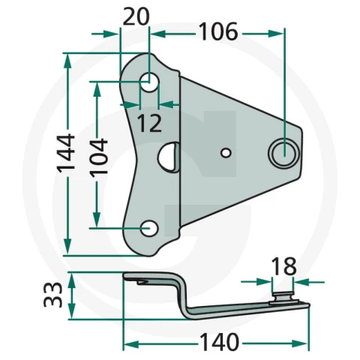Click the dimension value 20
pyautogui.click(x=136, y=16)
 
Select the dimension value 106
pyautogui.click(x=219, y=31)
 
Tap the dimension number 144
pyautogui.click(x=66, y=154)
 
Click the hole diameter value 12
pyautogui.click(x=149, y=123)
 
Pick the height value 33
pyautogui.click(x=52, y=295)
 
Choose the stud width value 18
pyautogui.click(x=283, y=266)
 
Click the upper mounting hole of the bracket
pyautogui.click(x=149, y=82)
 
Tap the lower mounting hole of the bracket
pyautogui.click(x=149, y=228)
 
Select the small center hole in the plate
pyautogui.click(x=226, y=153)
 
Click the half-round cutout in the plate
pyautogui.click(x=168, y=157)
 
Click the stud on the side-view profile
pyautogui.click(x=283, y=298)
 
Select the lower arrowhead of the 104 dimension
pyautogui.click(x=97, y=220)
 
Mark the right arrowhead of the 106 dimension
pyautogui.click(x=277, y=33)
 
